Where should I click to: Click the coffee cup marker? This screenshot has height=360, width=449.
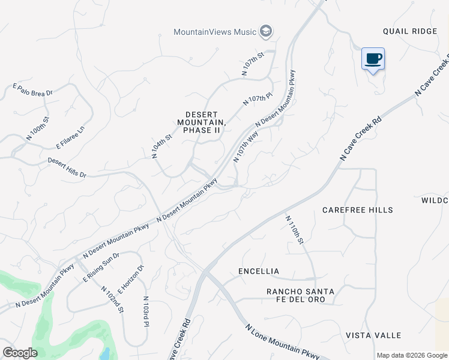pyautogui.click(x=373, y=59)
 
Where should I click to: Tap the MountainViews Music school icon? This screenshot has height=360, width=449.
pyautogui.click(x=266, y=31)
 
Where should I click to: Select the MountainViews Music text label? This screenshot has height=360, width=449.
pyautogui.click(x=215, y=32)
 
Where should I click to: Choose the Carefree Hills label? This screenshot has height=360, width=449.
pyautogui.click(x=358, y=210)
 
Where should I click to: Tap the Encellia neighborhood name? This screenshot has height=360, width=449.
pyautogui.click(x=259, y=271)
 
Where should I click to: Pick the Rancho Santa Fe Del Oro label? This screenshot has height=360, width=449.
pyautogui.click(x=300, y=295)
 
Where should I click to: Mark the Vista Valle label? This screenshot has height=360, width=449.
pyautogui.click(x=373, y=335)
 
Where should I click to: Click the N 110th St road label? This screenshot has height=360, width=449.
pyautogui.click(x=295, y=230)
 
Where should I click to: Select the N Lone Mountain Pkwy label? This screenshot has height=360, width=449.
pyautogui.click(x=282, y=343)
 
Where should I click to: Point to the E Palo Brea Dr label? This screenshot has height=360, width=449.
pyautogui.click(x=33, y=90)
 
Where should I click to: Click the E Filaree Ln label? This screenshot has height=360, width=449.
pyautogui.click(x=70, y=137)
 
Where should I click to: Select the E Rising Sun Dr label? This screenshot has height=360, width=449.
pyautogui.click(x=101, y=267)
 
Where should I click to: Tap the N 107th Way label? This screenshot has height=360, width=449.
pyautogui.click(x=246, y=147)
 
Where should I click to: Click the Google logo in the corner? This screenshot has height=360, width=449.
pyautogui.click(x=20, y=353)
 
